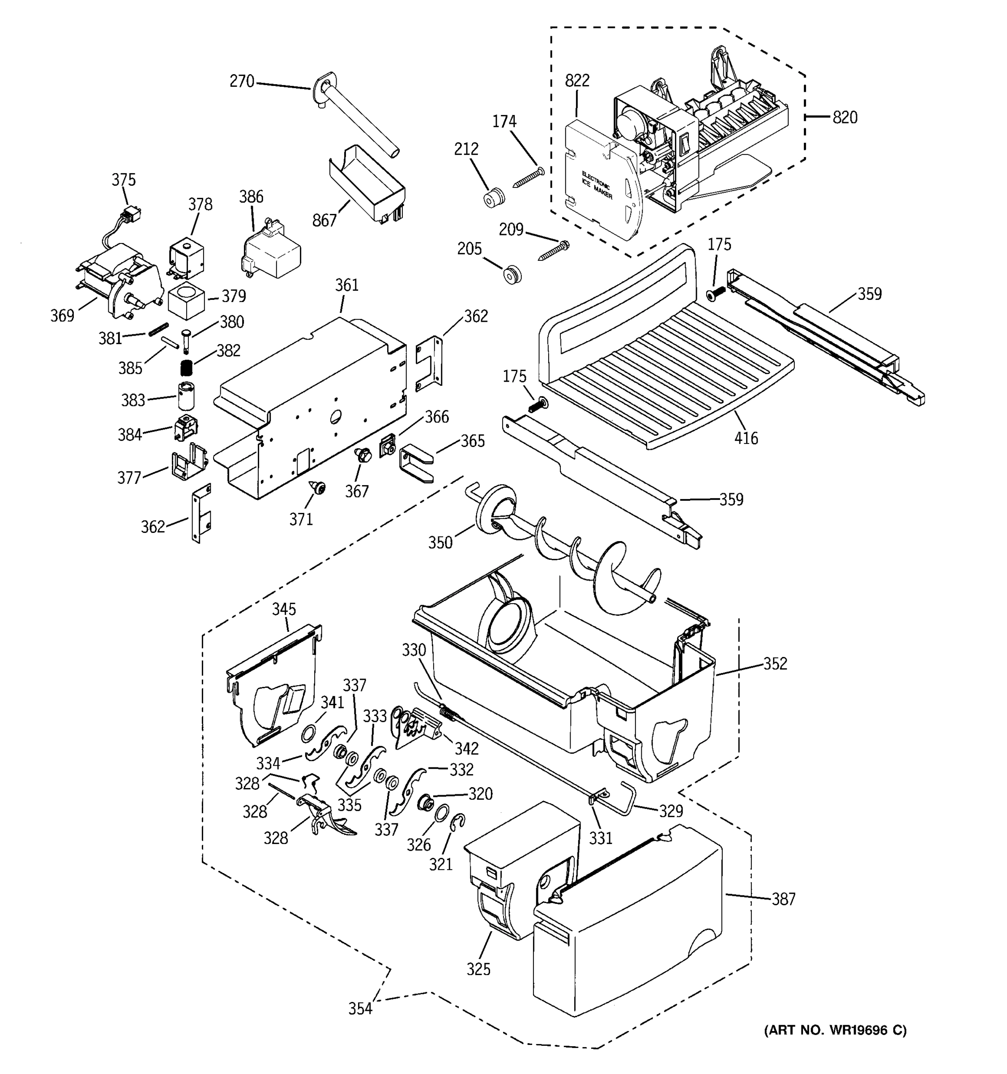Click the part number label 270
click(x=242, y=81)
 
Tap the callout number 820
click(x=845, y=117)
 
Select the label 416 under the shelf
click(x=746, y=438)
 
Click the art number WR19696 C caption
click(x=835, y=1030)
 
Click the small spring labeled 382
click(x=186, y=368)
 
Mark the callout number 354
click(x=360, y=1009)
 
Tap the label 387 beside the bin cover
click(x=783, y=899)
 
